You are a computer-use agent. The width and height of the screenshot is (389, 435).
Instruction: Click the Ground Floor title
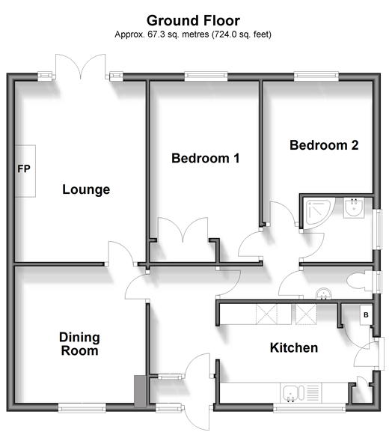pos(193,20)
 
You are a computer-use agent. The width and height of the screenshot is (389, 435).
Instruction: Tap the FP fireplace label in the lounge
pos(24,168)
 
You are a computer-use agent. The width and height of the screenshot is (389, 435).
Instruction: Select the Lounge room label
pos(86,189)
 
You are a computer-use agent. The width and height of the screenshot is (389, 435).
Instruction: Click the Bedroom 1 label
pos(206,158)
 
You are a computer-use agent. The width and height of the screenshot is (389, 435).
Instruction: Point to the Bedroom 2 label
pos(324,145)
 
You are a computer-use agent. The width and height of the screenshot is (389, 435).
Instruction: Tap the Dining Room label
pos(79,344)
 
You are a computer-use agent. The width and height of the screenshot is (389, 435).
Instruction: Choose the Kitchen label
pos(294,347)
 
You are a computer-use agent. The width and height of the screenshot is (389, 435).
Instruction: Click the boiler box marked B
pos(366,315)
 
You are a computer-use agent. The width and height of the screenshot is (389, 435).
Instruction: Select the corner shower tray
pos(319,212)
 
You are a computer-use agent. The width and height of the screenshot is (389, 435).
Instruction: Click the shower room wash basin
pos(354,207)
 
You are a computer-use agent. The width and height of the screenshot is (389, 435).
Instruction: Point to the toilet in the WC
pos(360,282)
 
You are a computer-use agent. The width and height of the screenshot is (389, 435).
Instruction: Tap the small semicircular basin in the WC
pos(324,294)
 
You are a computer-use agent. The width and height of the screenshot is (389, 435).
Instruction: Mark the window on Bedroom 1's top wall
pos(206,76)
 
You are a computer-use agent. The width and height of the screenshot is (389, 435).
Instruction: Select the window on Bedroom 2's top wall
pos(316,76)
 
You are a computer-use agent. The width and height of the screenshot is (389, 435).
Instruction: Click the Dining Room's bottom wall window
pos(82,407)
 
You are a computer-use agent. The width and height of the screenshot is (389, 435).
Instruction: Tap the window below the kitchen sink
pos(310,407)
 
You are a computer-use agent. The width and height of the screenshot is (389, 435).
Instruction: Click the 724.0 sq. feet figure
pos(241,34)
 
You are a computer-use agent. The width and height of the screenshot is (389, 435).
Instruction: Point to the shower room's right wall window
pos(377,229)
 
